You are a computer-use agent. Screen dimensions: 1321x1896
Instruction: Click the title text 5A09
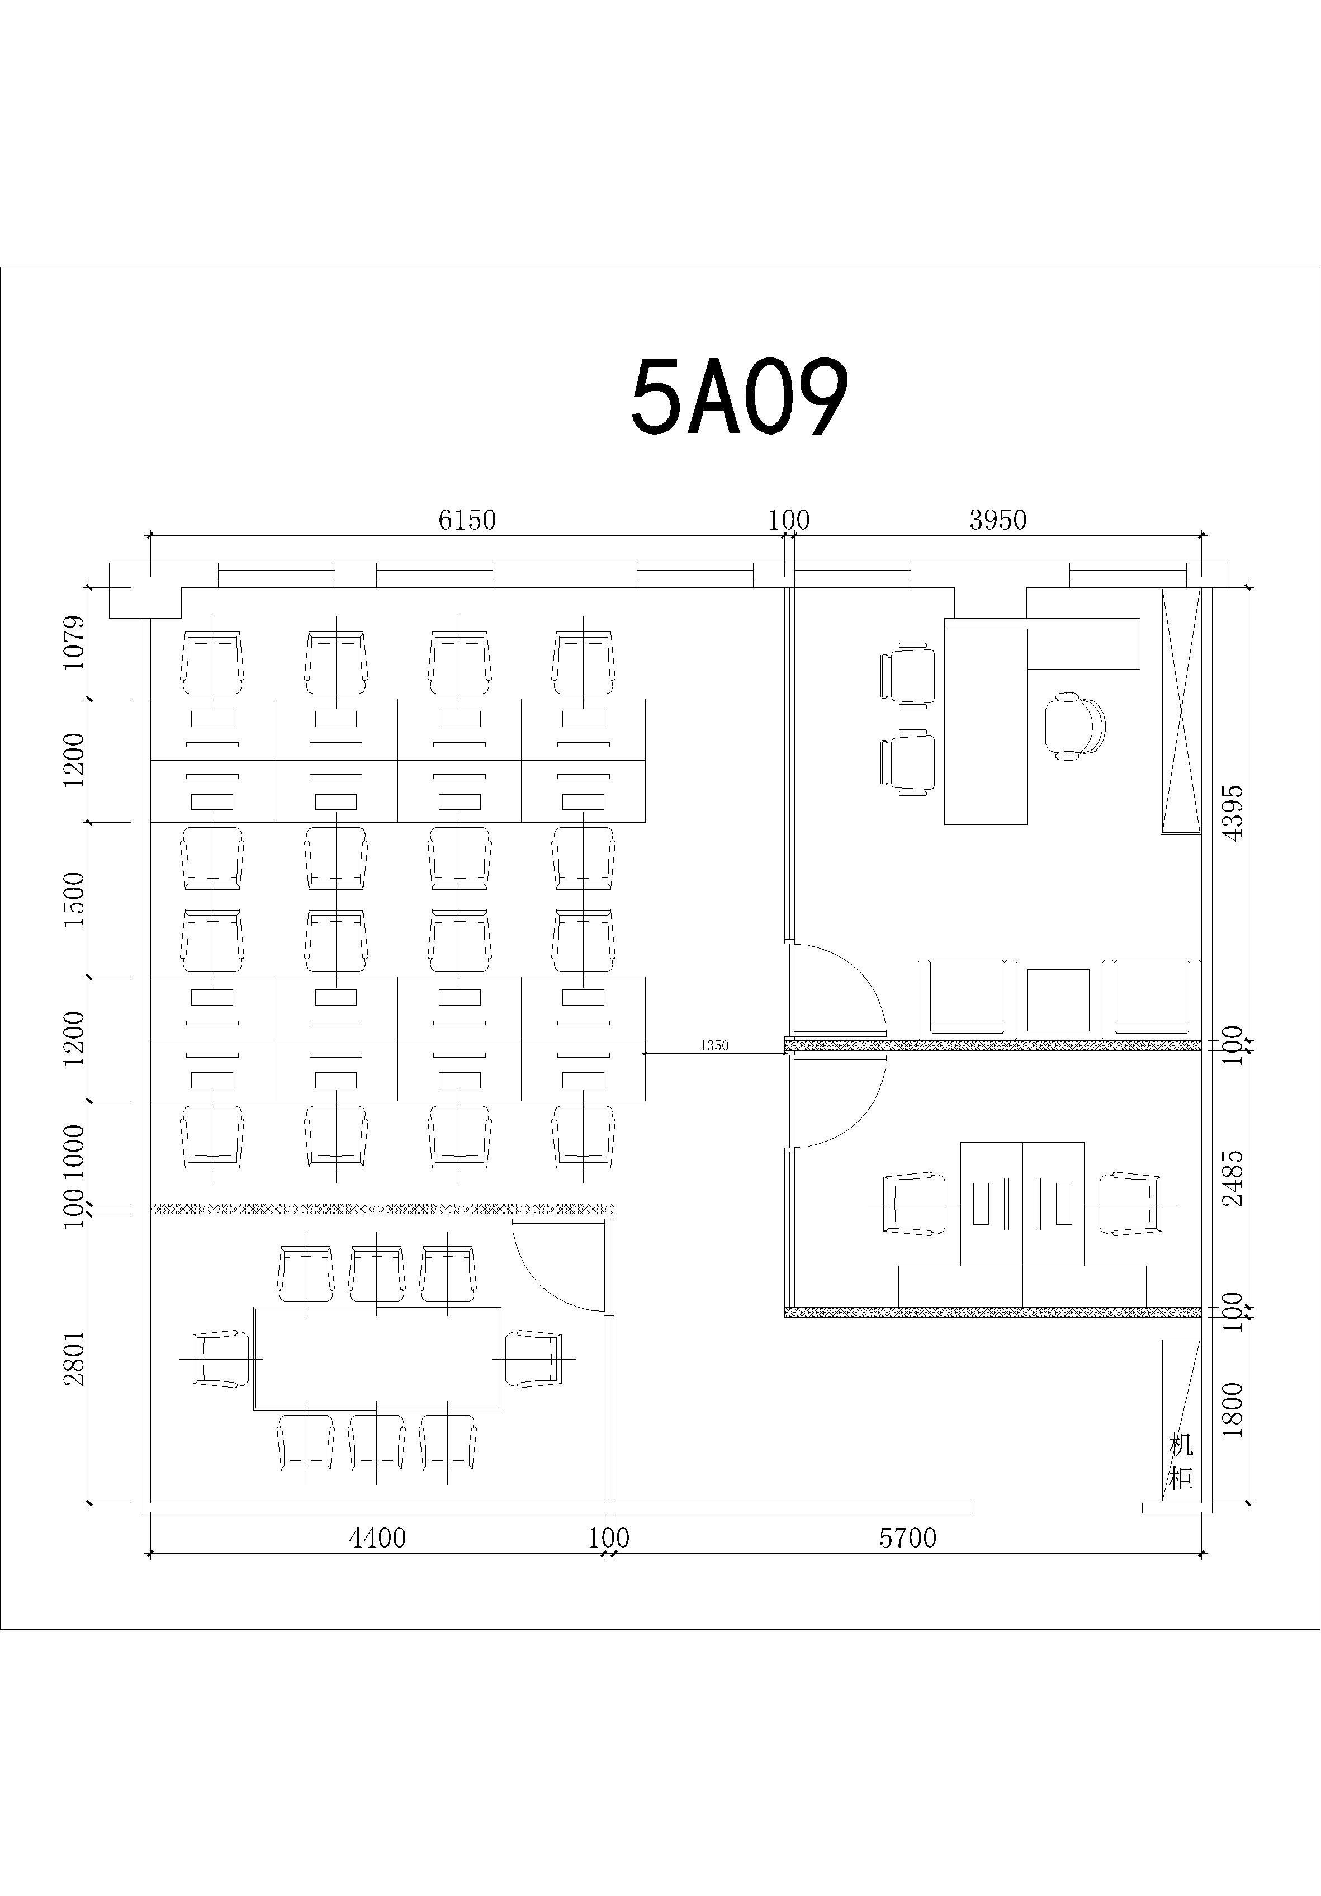tap(739, 398)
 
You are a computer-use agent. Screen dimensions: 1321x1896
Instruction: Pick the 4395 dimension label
tap(1233, 813)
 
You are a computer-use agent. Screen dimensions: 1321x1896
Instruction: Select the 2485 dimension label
tap(1233, 1178)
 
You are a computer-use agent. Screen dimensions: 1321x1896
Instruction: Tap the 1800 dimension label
tap(1233, 1409)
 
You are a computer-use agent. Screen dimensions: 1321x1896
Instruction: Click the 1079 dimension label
tap(74, 643)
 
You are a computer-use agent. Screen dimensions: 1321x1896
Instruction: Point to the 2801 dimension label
tap(74, 1357)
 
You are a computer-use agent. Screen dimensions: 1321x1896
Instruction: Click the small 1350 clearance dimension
tap(714, 1045)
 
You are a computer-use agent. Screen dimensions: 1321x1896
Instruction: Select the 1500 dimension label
tap(74, 899)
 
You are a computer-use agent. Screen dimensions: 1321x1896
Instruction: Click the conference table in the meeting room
tap(377, 1359)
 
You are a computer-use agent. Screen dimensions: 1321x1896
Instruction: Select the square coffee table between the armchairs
tap(1058, 1000)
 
